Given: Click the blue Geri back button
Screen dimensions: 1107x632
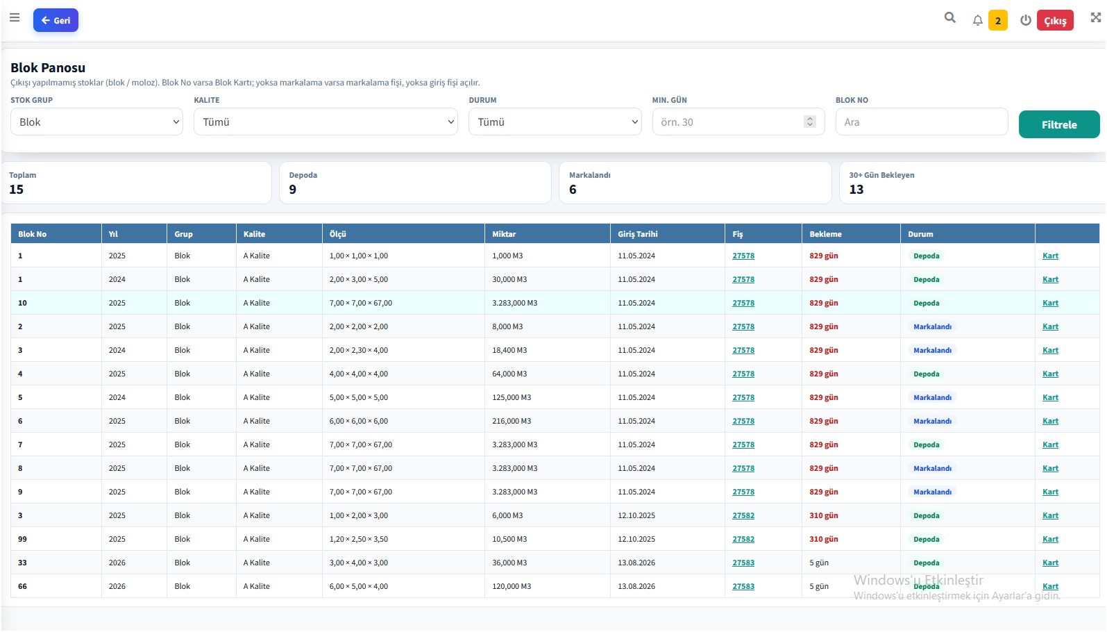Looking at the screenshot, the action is [56, 20].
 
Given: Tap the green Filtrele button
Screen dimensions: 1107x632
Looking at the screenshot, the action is [1059, 124].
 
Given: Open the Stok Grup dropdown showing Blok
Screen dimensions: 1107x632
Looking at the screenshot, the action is [97, 122].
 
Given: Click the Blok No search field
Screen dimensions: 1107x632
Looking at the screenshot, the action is [922, 122].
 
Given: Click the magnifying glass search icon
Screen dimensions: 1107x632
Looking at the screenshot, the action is [949, 18].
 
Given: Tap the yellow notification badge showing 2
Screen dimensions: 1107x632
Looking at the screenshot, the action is [998, 21].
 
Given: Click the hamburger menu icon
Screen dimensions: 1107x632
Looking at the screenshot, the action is [15, 18].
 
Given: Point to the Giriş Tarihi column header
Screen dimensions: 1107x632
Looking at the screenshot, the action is [638, 234].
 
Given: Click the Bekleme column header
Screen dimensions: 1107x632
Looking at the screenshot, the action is [825, 234].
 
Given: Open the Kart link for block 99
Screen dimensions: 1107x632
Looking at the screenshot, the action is [1050, 539].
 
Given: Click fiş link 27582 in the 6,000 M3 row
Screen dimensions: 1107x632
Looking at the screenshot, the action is [743, 515].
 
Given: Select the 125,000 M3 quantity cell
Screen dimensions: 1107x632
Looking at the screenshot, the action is [512, 397].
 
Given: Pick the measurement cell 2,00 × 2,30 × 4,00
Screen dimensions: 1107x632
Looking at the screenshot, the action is [359, 350].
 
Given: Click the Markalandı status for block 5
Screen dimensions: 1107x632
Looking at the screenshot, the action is [932, 397].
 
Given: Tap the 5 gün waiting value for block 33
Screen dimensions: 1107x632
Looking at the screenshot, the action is [819, 563].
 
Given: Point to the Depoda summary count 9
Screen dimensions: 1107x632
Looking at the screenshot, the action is [293, 190].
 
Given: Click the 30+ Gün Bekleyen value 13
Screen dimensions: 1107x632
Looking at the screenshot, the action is [856, 190].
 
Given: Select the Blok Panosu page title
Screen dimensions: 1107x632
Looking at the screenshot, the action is [48, 67].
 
